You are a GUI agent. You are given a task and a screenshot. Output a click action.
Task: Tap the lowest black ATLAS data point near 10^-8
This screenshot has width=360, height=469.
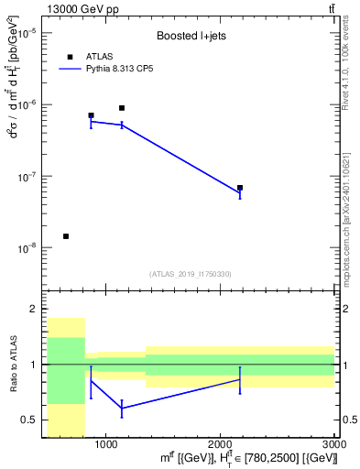[x=66, y=236]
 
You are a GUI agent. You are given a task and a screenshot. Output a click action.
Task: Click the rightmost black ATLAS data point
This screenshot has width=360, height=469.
[x=240, y=188]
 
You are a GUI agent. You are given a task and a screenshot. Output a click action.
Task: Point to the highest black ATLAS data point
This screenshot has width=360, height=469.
[x=122, y=108]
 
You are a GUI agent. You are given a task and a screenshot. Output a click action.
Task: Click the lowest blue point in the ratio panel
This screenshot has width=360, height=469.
[x=122, y=408]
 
